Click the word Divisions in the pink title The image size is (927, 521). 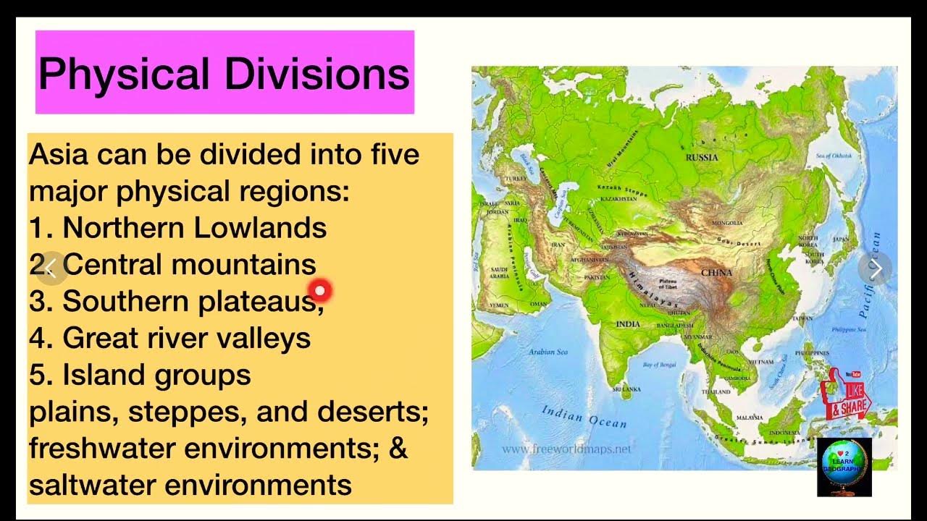pyautogui.click(x=316, y=73)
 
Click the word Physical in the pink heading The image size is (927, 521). pyautogui.click(x=124, y=73)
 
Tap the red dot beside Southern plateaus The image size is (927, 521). pyautogui.click(x=319, y=291)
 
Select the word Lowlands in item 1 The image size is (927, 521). pyautogui.click(x=260, y=228)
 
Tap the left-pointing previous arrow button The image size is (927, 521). pyautogui.click(x=51, y=268)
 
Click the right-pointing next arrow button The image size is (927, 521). pyautogui.click(x=875, y=269)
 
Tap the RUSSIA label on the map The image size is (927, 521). pyautogui.click(x=702, y=157)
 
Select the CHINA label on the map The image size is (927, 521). pyautogui.click(x=716, y=273)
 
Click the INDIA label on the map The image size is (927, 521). pyautogui.click(x=628, y=324)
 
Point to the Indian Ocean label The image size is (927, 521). pyautogui.click(x=584, y=416)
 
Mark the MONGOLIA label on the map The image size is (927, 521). pyautogui.click(x=728, y=223)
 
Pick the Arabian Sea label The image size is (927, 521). pyautogui.click(x=548, y=352)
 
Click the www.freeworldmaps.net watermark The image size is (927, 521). pyautogui.click(x=566, y=449)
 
